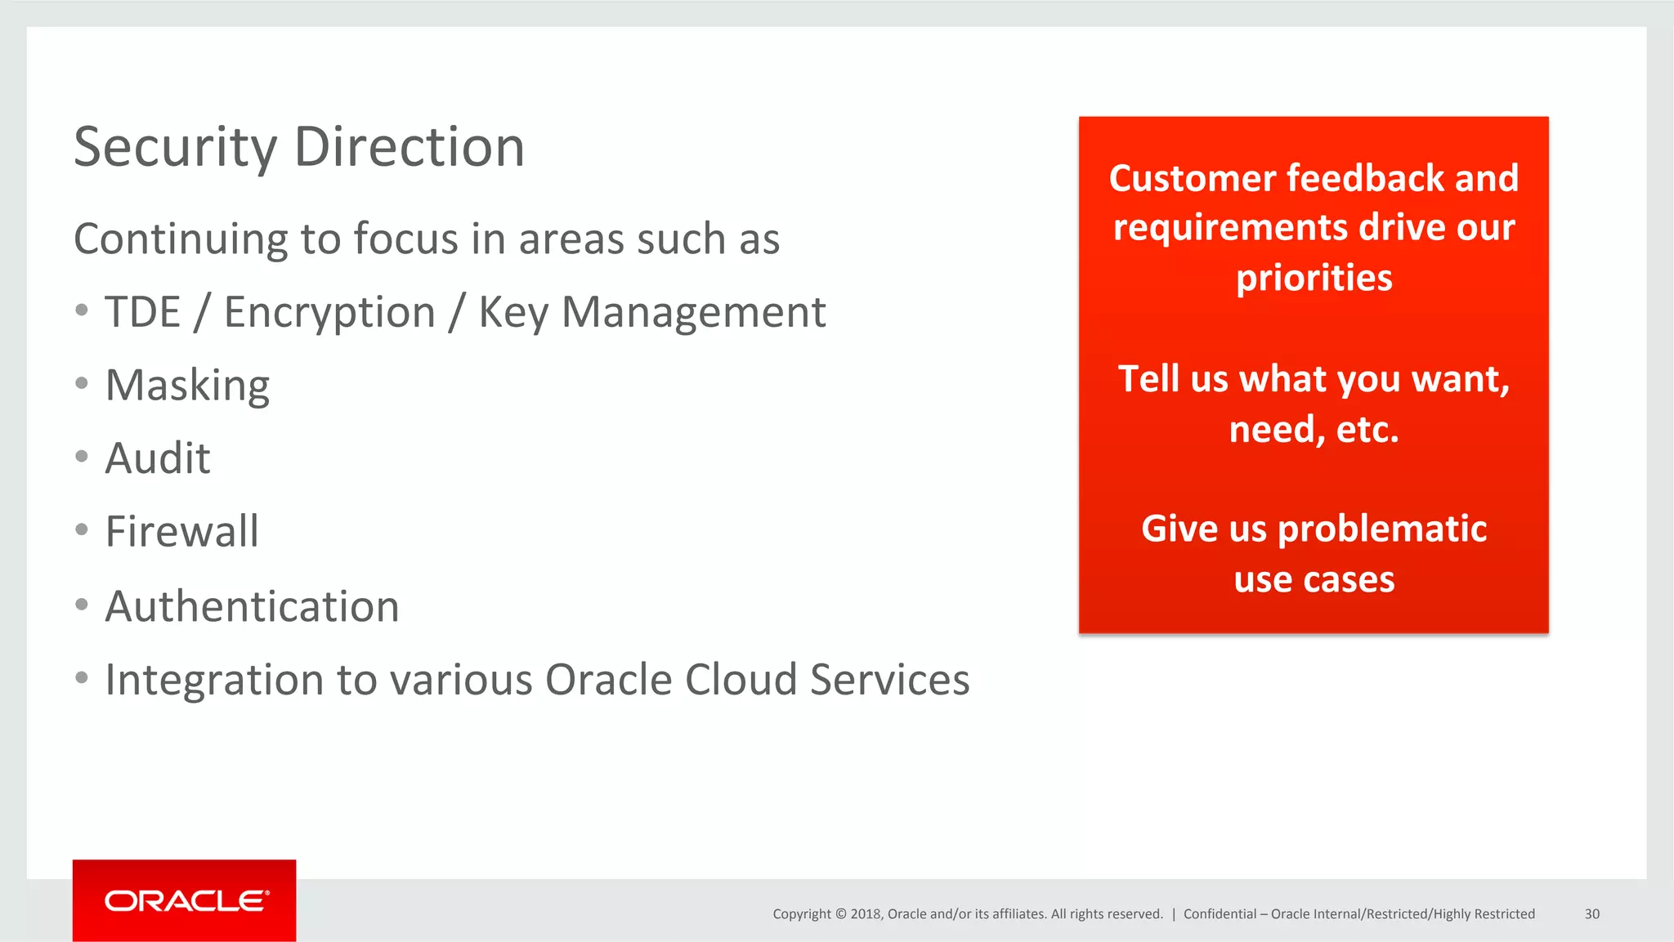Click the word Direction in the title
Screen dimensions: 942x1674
(x=409, y=148)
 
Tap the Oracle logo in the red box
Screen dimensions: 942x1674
(x=185, y=900)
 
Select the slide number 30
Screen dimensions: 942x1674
(x=1591, y=914)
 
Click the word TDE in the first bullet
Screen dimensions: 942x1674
(x=143, y=312)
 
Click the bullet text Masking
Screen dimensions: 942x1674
(x=187, y=386)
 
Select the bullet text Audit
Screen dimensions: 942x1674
(x=158, y=458)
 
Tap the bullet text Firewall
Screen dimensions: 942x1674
(x=182, y=532)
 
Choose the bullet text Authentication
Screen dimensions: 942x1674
(x=252, y=607)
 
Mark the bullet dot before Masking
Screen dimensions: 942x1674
(x=82, y=383)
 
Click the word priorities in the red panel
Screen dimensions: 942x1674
(x=1314, y=279)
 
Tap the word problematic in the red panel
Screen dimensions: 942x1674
(x=1382, y=529)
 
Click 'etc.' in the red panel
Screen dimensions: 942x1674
(x=1367, y=430)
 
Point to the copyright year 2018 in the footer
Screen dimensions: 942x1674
(x=865, y=914)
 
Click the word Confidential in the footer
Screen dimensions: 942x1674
(x=1220, y=914)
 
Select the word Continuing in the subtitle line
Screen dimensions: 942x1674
(x=180, y=239)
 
